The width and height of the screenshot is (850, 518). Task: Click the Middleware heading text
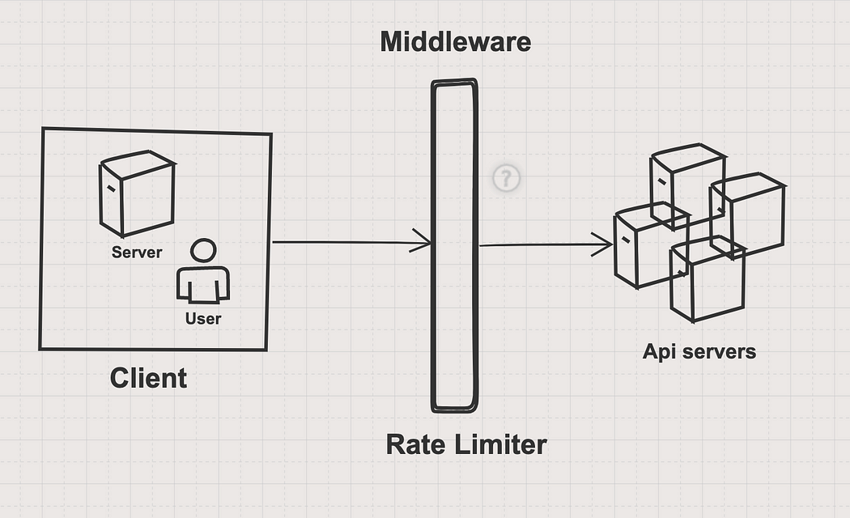[456, 41]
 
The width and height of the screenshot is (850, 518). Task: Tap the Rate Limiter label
[465, 444]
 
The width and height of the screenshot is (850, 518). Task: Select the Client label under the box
[148, 378]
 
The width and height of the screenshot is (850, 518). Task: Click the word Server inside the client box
[137, 253]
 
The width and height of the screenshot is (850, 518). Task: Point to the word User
[202, 319]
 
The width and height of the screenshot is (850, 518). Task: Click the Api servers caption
[699, 351]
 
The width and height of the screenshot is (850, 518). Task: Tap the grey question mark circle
[507, 178]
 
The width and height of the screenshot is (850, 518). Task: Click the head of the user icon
[203, 251]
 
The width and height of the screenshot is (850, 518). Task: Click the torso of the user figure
[203, 283]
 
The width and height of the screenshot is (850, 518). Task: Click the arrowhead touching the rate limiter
[423, 241]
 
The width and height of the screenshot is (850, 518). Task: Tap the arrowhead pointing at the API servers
[603, 244]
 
